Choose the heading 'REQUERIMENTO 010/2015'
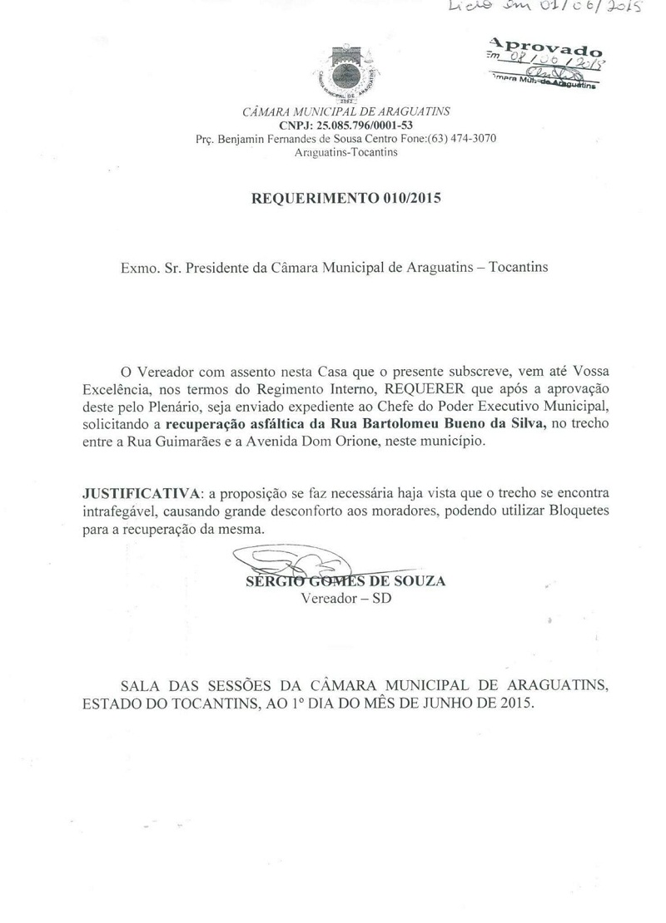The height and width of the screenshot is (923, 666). point(346,199)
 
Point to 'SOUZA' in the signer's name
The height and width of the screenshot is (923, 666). point(422,581)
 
